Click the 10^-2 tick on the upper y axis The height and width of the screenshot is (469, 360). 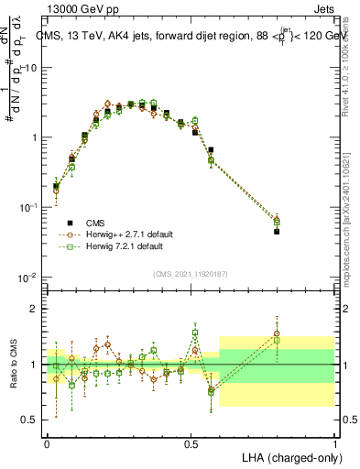31,277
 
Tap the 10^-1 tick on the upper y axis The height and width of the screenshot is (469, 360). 31,207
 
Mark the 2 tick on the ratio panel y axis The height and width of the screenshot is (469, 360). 34,309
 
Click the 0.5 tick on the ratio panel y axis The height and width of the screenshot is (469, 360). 31,420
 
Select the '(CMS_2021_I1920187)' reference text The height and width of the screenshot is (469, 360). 191,273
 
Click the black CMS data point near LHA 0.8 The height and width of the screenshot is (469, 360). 277,232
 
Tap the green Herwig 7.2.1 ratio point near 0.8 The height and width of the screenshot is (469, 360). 277,341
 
